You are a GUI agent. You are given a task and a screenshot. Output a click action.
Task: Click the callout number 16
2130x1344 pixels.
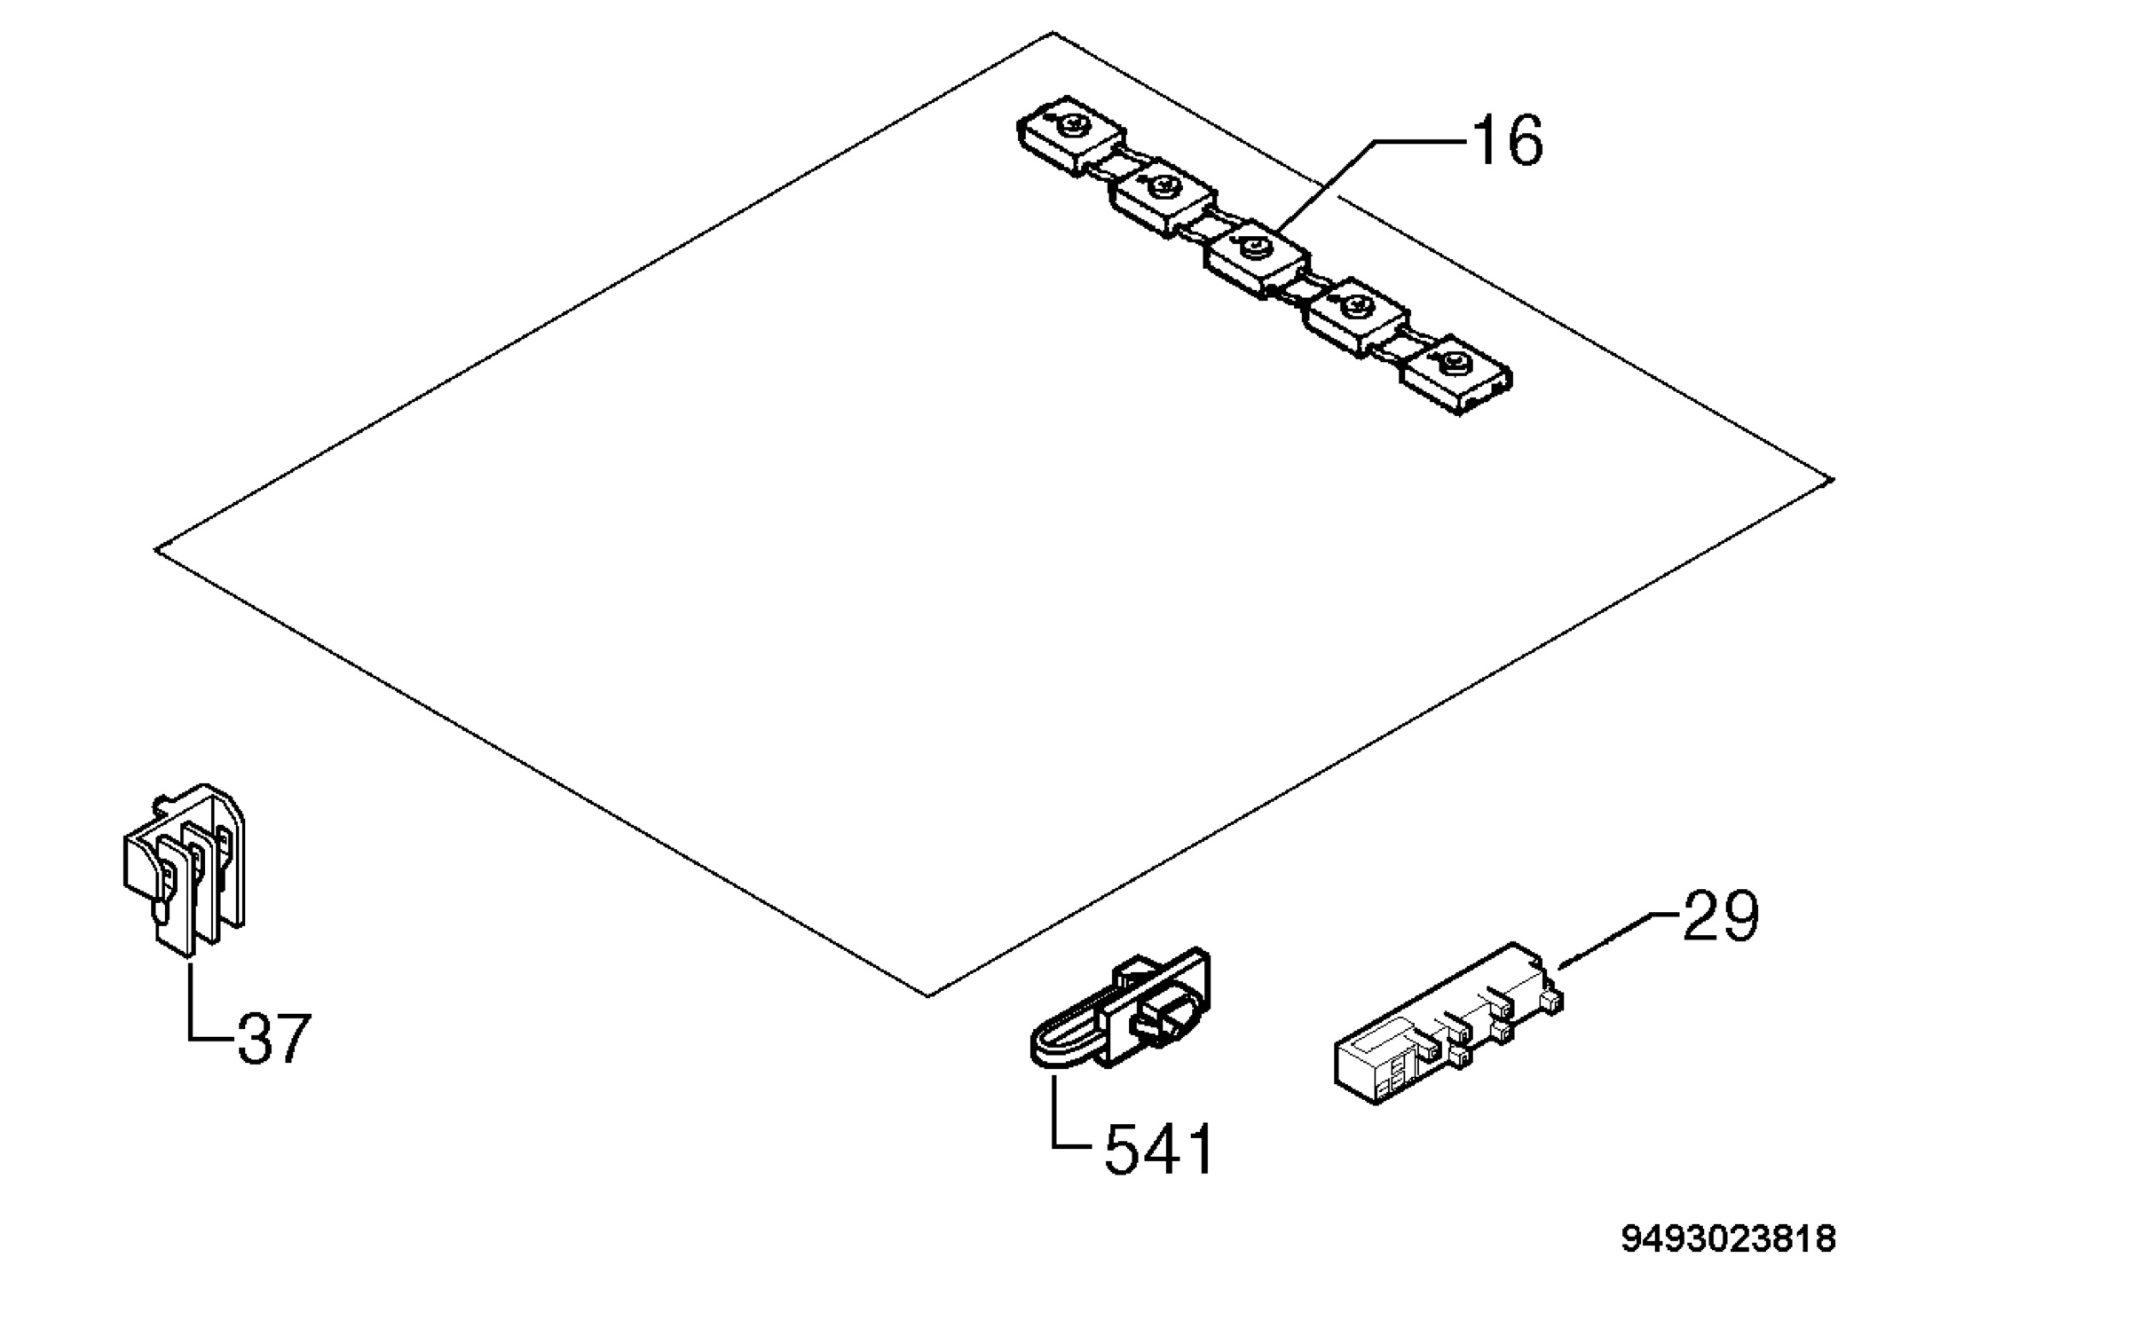point(1507,141)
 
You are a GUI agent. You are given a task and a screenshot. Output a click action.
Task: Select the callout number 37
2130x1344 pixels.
point(274,1039)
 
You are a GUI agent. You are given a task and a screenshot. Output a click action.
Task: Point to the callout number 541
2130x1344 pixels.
point(1158,1150)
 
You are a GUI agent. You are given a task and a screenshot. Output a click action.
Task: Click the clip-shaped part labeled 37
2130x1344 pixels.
point(185,868)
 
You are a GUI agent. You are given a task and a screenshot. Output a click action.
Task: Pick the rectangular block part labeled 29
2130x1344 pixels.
point(1448,1025)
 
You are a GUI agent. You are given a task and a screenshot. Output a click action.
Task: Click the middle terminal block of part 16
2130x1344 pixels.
point(1257,257)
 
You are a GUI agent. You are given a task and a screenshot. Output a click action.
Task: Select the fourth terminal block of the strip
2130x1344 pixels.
point(1356,317)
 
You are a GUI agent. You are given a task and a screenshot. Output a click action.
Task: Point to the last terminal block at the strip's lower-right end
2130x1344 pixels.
point(1455,374)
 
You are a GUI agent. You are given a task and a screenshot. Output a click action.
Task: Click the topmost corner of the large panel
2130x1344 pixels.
point(1053,33)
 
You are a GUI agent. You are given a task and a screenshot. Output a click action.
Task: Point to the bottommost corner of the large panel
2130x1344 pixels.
point(927,996)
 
